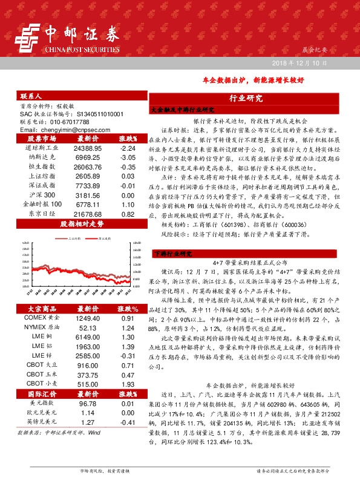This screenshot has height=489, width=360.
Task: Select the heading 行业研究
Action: click(246, 98)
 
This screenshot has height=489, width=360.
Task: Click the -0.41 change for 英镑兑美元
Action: click(126, 422)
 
